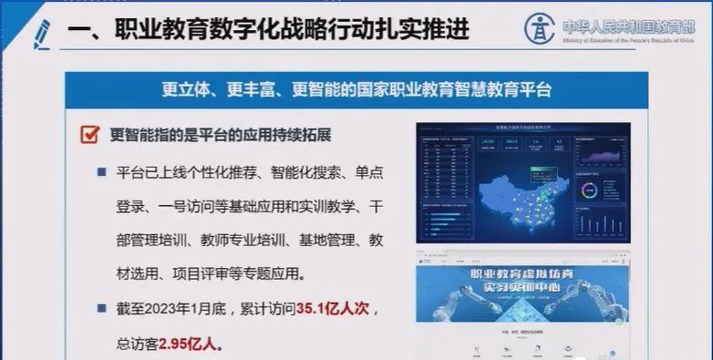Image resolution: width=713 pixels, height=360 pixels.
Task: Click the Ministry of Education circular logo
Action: (x=539, y=27)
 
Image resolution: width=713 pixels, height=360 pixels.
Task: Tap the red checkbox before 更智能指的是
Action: (x=88, y=135)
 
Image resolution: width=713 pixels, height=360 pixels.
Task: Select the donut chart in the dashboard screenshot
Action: (x=588, y=191)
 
